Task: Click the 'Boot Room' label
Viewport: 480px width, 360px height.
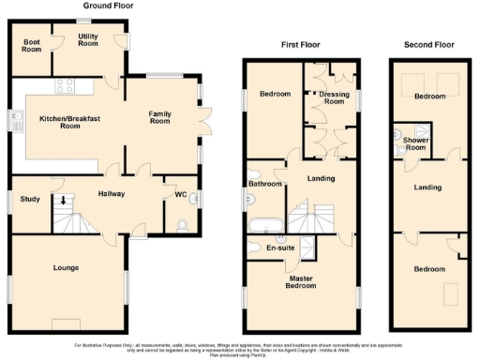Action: click(31, 46)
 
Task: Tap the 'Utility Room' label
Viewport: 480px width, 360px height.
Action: click(88, 39)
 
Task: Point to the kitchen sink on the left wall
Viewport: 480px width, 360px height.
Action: click(17, 120)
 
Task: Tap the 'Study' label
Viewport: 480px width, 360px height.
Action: click(29, 199)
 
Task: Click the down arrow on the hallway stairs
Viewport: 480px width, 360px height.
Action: click(63, 199)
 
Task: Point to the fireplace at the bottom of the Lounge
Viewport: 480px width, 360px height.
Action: click(67, 324)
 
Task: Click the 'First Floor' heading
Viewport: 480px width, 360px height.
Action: click(302, 44)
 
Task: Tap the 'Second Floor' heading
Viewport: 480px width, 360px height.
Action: click(428, 44)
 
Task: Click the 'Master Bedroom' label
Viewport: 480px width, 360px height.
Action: click(301, 282)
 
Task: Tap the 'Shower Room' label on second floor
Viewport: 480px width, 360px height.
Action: click(414, 143)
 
